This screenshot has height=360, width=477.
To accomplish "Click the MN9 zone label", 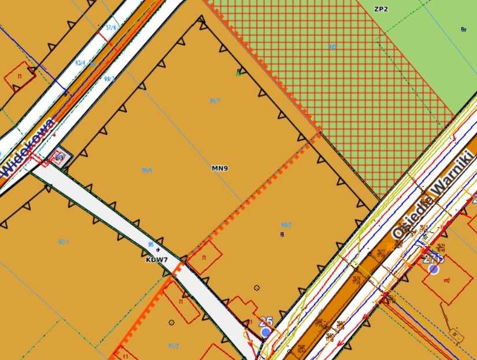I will (220, 169).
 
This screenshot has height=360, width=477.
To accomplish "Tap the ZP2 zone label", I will (380, 9).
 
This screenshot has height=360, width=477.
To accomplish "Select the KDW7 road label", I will (157, 260).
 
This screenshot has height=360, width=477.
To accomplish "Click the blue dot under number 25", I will (265, 332).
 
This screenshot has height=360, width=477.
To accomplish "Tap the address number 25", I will (266, 322).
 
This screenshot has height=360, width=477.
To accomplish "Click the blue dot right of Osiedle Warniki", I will (434, 269).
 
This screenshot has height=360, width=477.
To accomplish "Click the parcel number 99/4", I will (147, 170).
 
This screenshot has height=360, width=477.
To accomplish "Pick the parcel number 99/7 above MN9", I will (215, 101).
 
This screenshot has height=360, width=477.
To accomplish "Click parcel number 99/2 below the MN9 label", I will (286, 225).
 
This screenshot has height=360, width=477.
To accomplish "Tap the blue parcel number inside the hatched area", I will (332, 46).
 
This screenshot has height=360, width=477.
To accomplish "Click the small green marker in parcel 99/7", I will (238, 72).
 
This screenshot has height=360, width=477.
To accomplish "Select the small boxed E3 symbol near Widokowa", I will (59, 157).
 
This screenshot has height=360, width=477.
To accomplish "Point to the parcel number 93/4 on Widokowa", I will (80, 62).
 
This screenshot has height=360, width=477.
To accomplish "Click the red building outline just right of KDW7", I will (204, 257).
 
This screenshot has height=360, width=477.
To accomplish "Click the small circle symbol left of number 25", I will (257, 288).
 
